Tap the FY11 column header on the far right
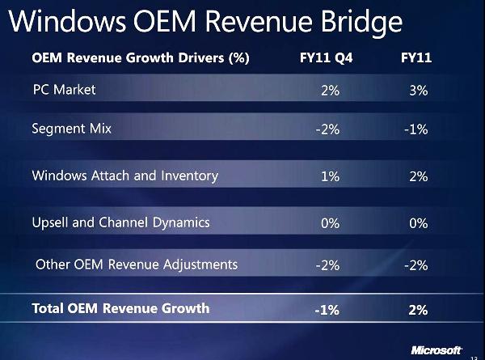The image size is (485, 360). [417, 58]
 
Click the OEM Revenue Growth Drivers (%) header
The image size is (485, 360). [140, 58]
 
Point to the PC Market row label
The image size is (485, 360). [64, 89]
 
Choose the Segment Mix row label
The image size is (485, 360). [71, 129]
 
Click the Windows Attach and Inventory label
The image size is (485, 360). [124, 176]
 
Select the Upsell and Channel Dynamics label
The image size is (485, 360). [120, 222]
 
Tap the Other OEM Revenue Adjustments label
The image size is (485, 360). [137, 265]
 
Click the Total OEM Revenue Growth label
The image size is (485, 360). [120, 307]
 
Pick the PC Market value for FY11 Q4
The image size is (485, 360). [330, 91]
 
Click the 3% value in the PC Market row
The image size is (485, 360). [418, 91]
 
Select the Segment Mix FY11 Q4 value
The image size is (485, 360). [327, 130]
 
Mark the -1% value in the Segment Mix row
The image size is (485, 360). [415, 130]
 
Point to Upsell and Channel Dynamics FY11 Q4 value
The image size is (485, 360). [330, 223]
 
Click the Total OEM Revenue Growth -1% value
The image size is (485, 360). [327, 309]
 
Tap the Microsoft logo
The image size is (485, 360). [436, 350]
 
